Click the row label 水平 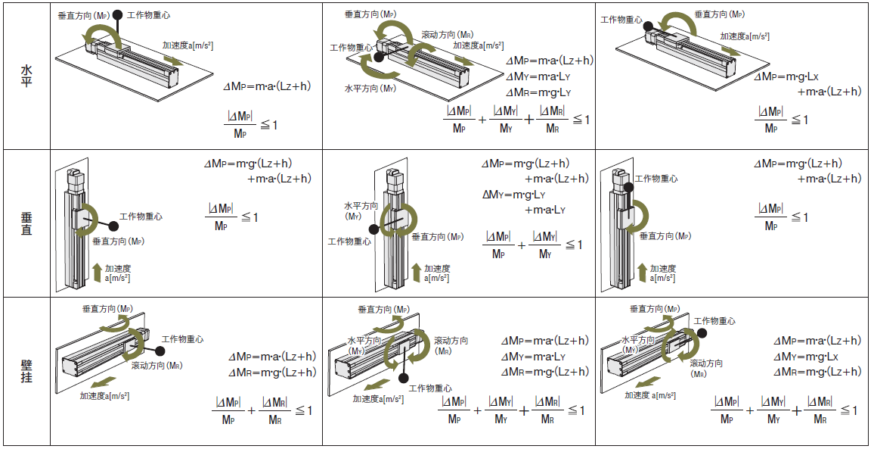click(x=26, y=76)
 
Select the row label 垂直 click(x=26, y=224)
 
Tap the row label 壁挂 click(x=26, y=371)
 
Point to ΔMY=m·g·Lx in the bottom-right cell click(x=806, y=357)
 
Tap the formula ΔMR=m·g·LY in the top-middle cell click(x=538, y=92)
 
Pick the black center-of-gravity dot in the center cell click(x=373, y=229)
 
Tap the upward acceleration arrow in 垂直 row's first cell click(x=97, y=272)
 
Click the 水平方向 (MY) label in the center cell click(x=361, y=210)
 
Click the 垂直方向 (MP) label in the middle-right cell click(x=665, y=236)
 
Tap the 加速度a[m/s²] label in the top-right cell click(x=745, y=36)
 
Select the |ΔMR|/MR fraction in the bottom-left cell click(x=275, y=410)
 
